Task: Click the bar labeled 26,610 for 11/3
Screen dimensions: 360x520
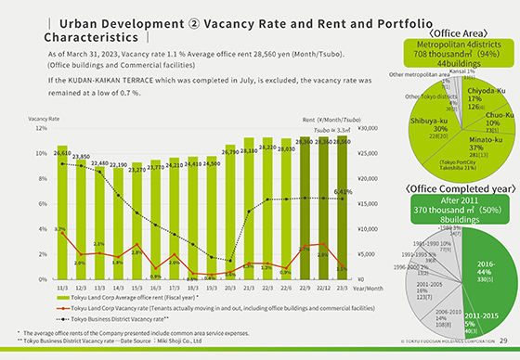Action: click(x=61, y=218)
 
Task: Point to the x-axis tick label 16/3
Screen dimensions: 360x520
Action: click(x=156, y=288)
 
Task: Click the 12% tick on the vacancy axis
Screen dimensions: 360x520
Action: click(x=39, y=129)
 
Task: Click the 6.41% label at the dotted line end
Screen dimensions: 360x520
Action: click(x=343, y=192)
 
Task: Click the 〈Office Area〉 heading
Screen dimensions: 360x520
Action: click(x=453, y=32)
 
